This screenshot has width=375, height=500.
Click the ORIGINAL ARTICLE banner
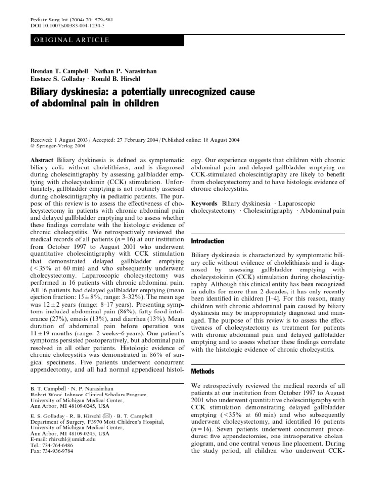(x=69, y=40)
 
